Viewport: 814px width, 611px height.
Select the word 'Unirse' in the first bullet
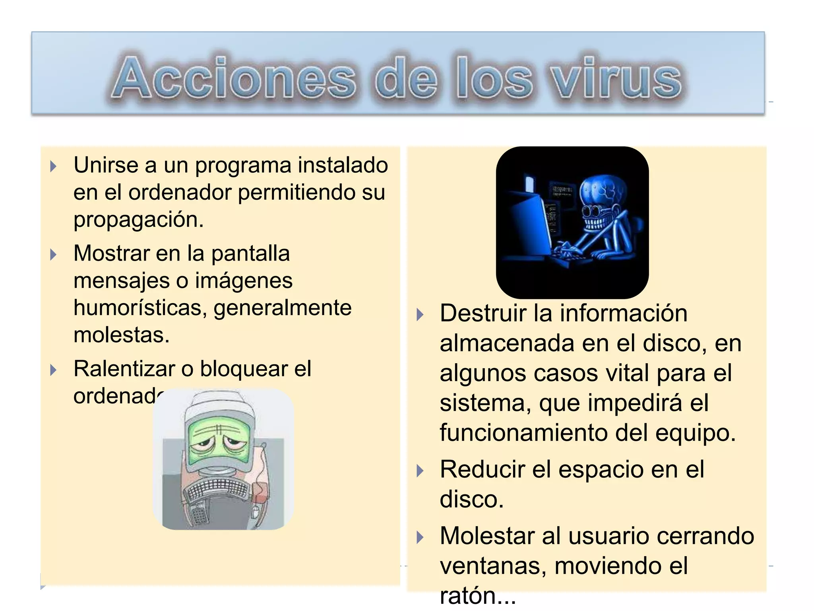106,165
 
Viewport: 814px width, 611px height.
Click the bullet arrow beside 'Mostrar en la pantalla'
54,255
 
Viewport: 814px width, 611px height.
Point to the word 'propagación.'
139,220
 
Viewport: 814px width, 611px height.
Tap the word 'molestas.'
122,335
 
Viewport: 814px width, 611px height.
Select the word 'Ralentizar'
124,369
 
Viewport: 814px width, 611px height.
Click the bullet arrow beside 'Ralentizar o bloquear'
54,370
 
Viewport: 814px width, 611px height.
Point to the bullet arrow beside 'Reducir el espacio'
420,471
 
